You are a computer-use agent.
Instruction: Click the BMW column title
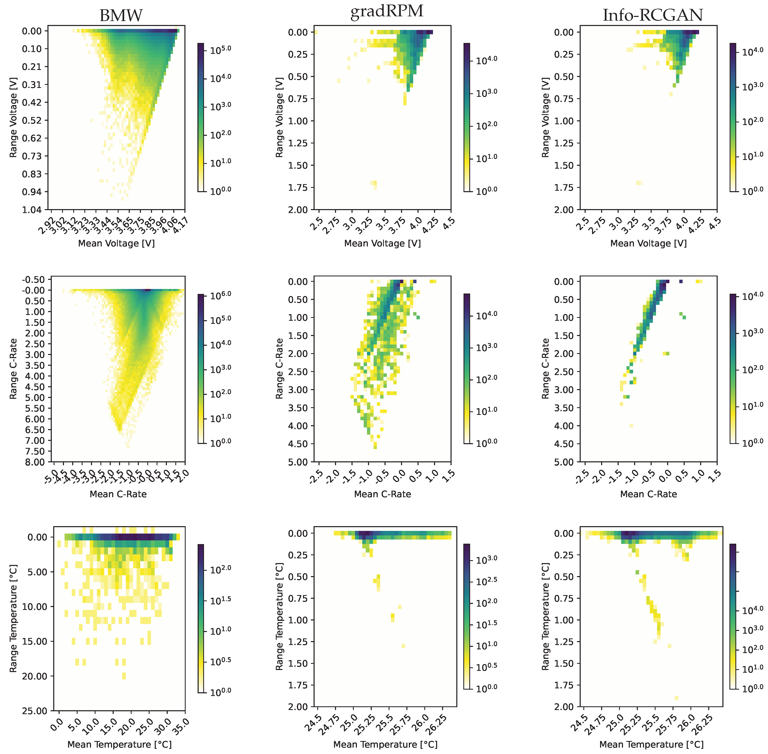(121, 16)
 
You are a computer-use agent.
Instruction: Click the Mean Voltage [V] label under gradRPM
(382, 243)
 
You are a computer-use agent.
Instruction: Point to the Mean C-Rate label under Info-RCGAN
(648, 494)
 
